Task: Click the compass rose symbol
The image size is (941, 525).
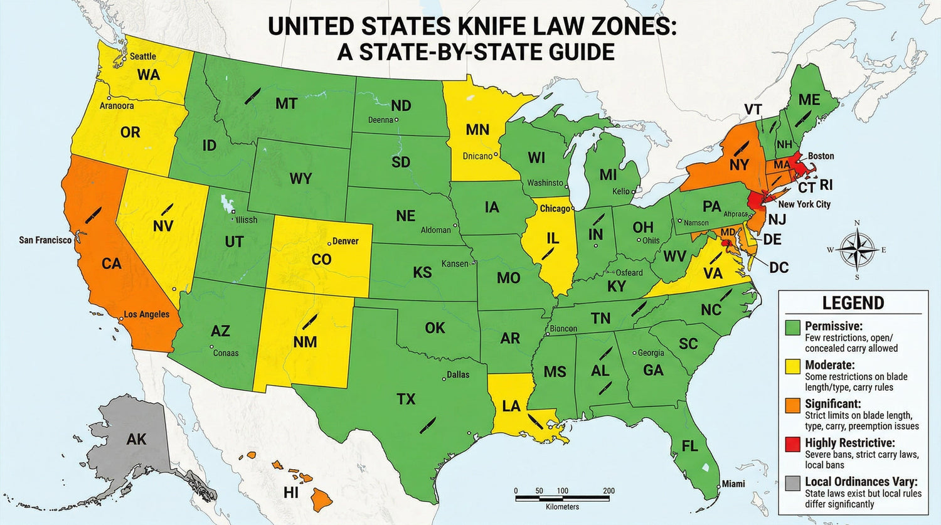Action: pos(857,249)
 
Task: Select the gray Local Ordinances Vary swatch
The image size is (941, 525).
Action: pos(793,483)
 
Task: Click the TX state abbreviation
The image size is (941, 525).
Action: pos(406,399)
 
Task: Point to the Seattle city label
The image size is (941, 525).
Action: pos(142,56)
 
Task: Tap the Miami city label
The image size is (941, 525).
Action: pos(733,484)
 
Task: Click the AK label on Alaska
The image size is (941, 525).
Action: pos(136,439)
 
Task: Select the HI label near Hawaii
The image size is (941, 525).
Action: pos(290,493)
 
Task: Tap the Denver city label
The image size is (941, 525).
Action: pos(345,241)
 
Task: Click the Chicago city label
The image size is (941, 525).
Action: pos(555,208)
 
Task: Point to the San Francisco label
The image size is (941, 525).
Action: pos(45,240)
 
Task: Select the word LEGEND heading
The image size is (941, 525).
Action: pos(853,303)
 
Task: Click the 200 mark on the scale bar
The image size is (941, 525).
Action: pos(608,491)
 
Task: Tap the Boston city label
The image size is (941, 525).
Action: pos(821,156)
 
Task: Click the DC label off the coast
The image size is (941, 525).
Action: pos(779,268)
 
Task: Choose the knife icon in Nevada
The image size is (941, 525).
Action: pos(167,208)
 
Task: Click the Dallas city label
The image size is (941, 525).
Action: pos(457,374)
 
